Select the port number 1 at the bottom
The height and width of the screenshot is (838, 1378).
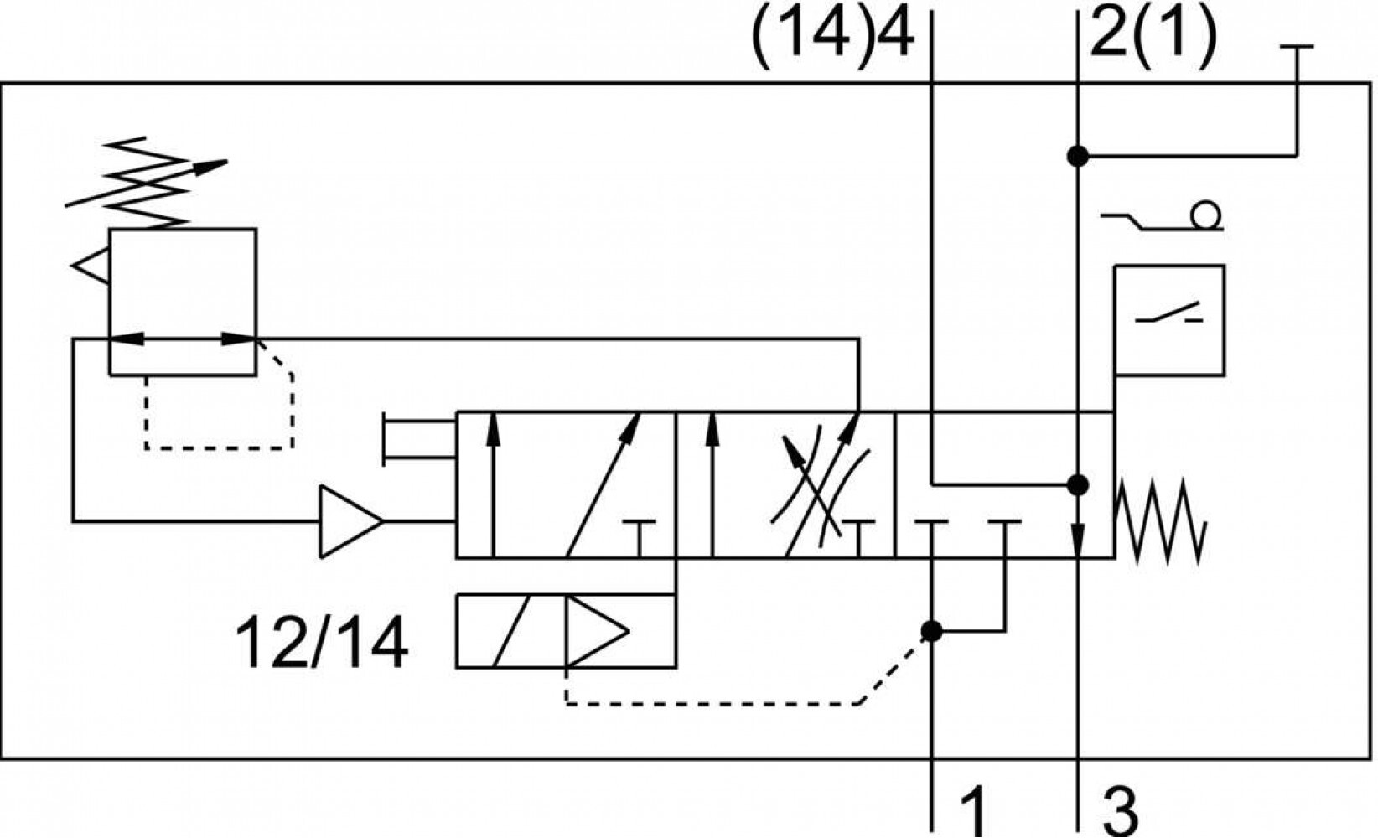pyautogui.click(x=973, y=811)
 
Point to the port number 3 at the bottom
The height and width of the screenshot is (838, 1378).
pyautogui.click(x=1120, y=811)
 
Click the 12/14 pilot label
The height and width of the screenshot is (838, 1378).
pyautogui.click(x=321, y=643)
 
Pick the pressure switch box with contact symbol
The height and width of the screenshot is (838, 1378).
pyautogui.click(x=1169, y=320)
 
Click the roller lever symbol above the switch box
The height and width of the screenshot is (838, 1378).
pyautogui.click(x=1162, y=217)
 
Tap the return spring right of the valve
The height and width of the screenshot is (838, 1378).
pyautogui.click(x=1160, y=522)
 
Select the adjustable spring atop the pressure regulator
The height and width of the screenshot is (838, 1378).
pyautogui.click(x=147, y=184)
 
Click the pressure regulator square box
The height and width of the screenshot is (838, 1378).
pyautogui.click(x=183, y=302)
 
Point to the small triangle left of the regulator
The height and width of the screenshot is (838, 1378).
pyautogui.click(x=91, y=266)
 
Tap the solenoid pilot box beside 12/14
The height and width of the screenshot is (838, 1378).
pyautogui.click(x=566, y=631)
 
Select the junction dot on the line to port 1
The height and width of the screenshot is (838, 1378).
pyautogui.click(x=932, y=631)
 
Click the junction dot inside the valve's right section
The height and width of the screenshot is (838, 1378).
pyautogui.click(x=1077, y=485)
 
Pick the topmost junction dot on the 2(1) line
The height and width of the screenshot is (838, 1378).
pyautogui.click(x=1077, y=156)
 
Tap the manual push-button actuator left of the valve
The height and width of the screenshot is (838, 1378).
pyautogui.click(x=419, y=440)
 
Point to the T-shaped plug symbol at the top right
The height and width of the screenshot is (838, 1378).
pyautogui.click(x=1297, y=101)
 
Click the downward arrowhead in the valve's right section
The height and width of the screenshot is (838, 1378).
pyautogui.click(x=1078, y=540)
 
